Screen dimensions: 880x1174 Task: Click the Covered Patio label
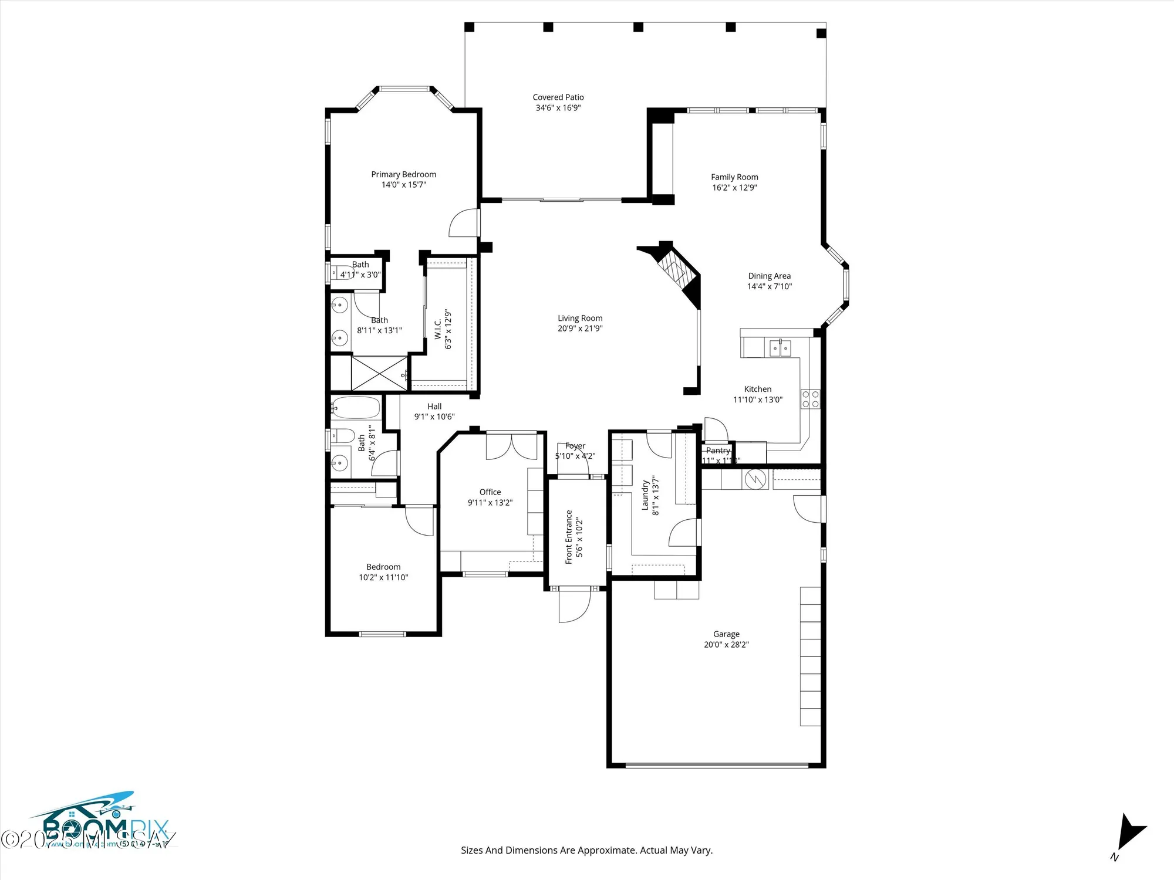pos(558,97)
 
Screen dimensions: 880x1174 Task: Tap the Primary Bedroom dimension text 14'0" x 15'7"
pos(403,185)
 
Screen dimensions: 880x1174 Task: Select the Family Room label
pos(734,177)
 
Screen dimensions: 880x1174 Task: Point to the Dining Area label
pos(769,276)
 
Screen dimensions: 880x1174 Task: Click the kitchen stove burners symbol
pos(811,399)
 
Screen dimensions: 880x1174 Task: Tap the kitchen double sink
pos(780,348)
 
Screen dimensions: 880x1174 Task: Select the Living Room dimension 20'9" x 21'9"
pos(580,329)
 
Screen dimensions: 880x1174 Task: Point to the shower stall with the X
pos(379,373)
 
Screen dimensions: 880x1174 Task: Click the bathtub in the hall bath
pos(356,408)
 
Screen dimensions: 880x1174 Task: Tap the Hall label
pos(434,406)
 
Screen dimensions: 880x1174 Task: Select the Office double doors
pos(511,446)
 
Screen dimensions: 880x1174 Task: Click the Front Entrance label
pos(569,537)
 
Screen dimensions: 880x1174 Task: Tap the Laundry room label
pos(645,495)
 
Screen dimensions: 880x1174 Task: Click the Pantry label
pos(718,451)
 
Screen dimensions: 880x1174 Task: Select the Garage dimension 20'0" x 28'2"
pos(726,645)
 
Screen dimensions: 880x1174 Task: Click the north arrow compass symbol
pos(1130,834)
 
